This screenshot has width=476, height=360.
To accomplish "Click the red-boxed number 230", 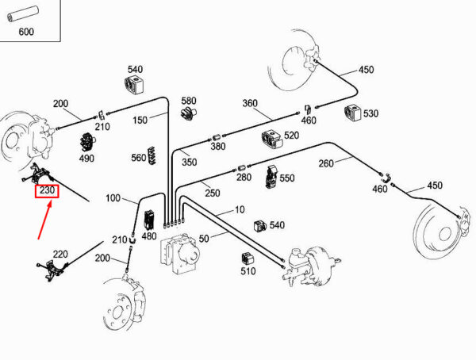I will point(45,191).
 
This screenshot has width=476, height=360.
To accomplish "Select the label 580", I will point(188,101).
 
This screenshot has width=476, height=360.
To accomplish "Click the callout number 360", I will point(251,104).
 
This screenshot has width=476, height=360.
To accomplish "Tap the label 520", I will point(291,136).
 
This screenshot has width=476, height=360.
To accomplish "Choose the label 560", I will point(139,158).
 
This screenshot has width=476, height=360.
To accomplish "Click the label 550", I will point(287,179).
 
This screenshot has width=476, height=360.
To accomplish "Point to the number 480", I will point(148,236).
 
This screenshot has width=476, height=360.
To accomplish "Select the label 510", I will point(248,271).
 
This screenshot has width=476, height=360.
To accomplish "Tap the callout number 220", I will point(60,255).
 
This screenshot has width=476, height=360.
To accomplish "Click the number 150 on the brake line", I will point(140,121).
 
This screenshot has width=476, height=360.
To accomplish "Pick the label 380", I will point(217,146).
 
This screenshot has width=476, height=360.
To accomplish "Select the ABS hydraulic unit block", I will point(181,252).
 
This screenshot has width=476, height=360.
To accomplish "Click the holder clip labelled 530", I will point(352,112).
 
